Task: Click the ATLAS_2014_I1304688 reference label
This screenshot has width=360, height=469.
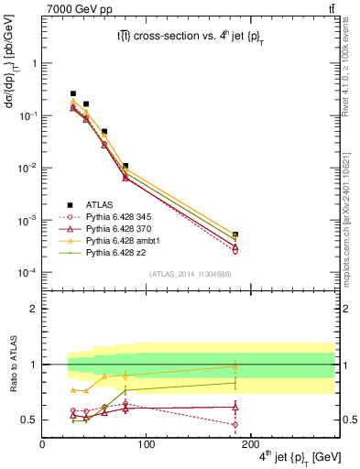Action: (190, 274)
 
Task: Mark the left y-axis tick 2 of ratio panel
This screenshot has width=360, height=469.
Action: (34, 309)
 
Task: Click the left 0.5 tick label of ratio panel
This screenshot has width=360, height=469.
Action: (30, 420)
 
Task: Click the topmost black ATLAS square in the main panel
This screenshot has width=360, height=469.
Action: (73, 93)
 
